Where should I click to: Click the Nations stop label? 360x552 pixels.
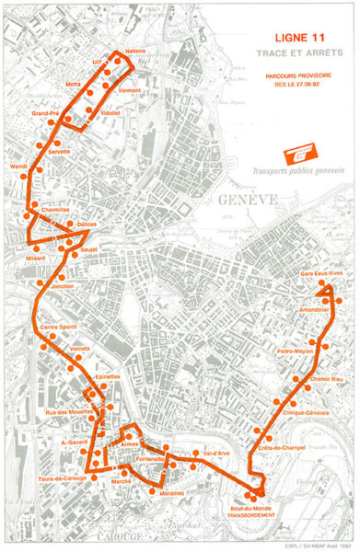pos(135,52)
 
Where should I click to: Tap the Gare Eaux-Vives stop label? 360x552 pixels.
pos(320,274)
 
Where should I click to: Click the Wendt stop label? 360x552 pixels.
pos(18,167)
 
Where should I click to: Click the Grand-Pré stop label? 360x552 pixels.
pos(45,113)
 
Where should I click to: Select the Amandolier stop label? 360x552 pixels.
pos(314,310)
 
